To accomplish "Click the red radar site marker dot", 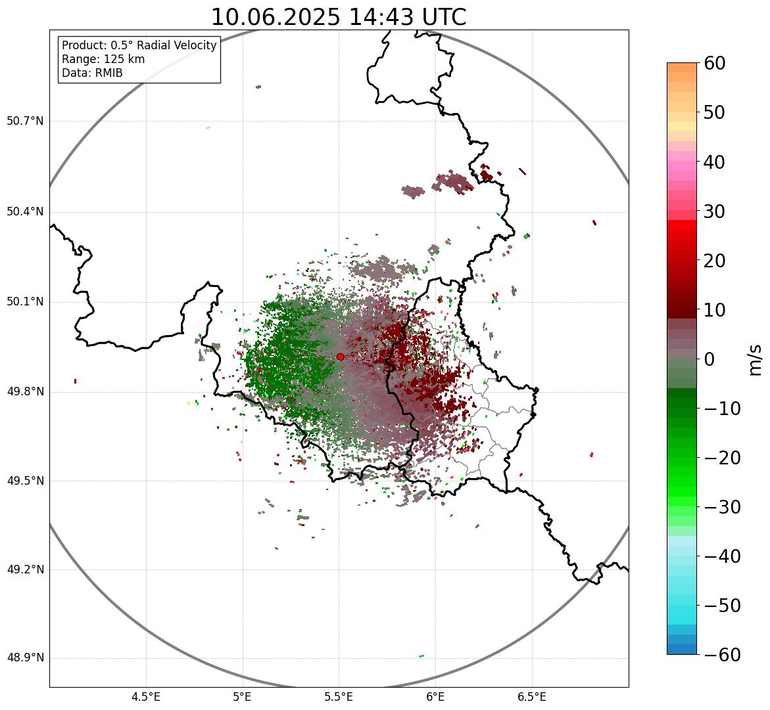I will coord(340,357).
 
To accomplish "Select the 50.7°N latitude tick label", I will coord(25,122).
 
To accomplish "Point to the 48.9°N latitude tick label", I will coord(25,658).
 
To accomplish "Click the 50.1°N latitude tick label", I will coord(25,302).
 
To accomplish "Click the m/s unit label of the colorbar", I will coord(756,359).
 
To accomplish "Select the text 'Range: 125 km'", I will coord(103,59).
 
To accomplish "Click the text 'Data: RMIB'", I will coord(92,73).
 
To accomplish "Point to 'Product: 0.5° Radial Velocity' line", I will coord(139,45).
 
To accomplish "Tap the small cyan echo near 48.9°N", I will coord(421,655).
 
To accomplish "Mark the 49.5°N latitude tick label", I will coord(25,481).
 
